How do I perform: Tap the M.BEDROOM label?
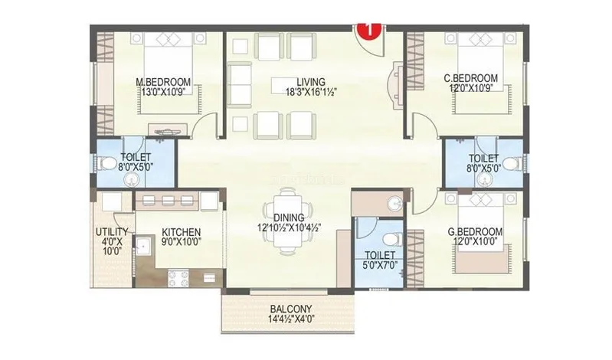point(163,82)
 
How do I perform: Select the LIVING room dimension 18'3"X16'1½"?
point(311,92)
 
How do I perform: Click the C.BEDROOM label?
point(471,78)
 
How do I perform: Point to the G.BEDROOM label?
point(475,232)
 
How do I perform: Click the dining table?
point(289,221)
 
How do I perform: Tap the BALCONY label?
point(291,309)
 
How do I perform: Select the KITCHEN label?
point(181,232)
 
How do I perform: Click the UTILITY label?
point(112,232)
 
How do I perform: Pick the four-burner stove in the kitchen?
point(178,278)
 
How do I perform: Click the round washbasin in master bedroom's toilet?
point(131,179)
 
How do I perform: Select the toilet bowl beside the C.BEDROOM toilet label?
point(512,163)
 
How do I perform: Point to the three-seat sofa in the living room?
point(239,85)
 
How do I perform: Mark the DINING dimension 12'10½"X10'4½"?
point(290,227)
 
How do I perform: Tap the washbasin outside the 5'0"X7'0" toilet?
point(394,203)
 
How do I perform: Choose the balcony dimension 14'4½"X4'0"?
point(291,318)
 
